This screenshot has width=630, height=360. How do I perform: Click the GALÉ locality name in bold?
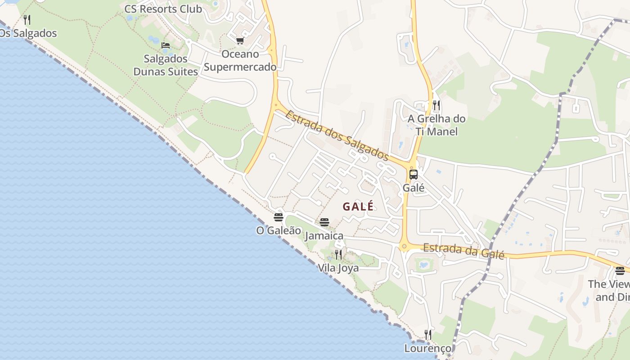[x=358, y=207]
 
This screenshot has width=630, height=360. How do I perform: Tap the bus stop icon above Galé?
[x=413, y=175]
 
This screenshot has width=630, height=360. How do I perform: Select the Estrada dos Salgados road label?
[x=337, y=135]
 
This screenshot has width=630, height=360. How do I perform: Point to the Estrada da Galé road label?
[x=463, y=251]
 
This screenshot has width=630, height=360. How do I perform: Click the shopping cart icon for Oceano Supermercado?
[x=240, y=41]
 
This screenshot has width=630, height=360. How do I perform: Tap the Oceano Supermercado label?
[x=240, y=61]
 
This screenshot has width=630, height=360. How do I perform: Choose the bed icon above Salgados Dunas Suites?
[x=166, y=45]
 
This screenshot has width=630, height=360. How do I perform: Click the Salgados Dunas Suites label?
[x=166, y=65]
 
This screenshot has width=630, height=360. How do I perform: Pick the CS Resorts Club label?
[x=163, y=9]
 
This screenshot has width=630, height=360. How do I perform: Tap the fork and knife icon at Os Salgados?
[x=27, y=19]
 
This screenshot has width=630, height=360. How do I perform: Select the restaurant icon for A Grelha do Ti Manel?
[x=436, y=105]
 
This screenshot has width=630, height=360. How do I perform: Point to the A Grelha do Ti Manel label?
[x=436, y=125]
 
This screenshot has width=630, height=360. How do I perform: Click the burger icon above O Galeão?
[x=279, y=217]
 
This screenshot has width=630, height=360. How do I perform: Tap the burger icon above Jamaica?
[x=324, y=222]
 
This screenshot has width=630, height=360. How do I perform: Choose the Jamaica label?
[x=324, y=236]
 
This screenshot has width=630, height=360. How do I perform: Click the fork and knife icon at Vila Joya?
[x=338, y=255]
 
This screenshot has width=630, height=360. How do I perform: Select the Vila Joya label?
[x=338, y=268]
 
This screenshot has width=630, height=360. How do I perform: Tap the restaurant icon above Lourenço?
[x=428, y=335]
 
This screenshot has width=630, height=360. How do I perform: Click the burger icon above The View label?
[x=620, y=270]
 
